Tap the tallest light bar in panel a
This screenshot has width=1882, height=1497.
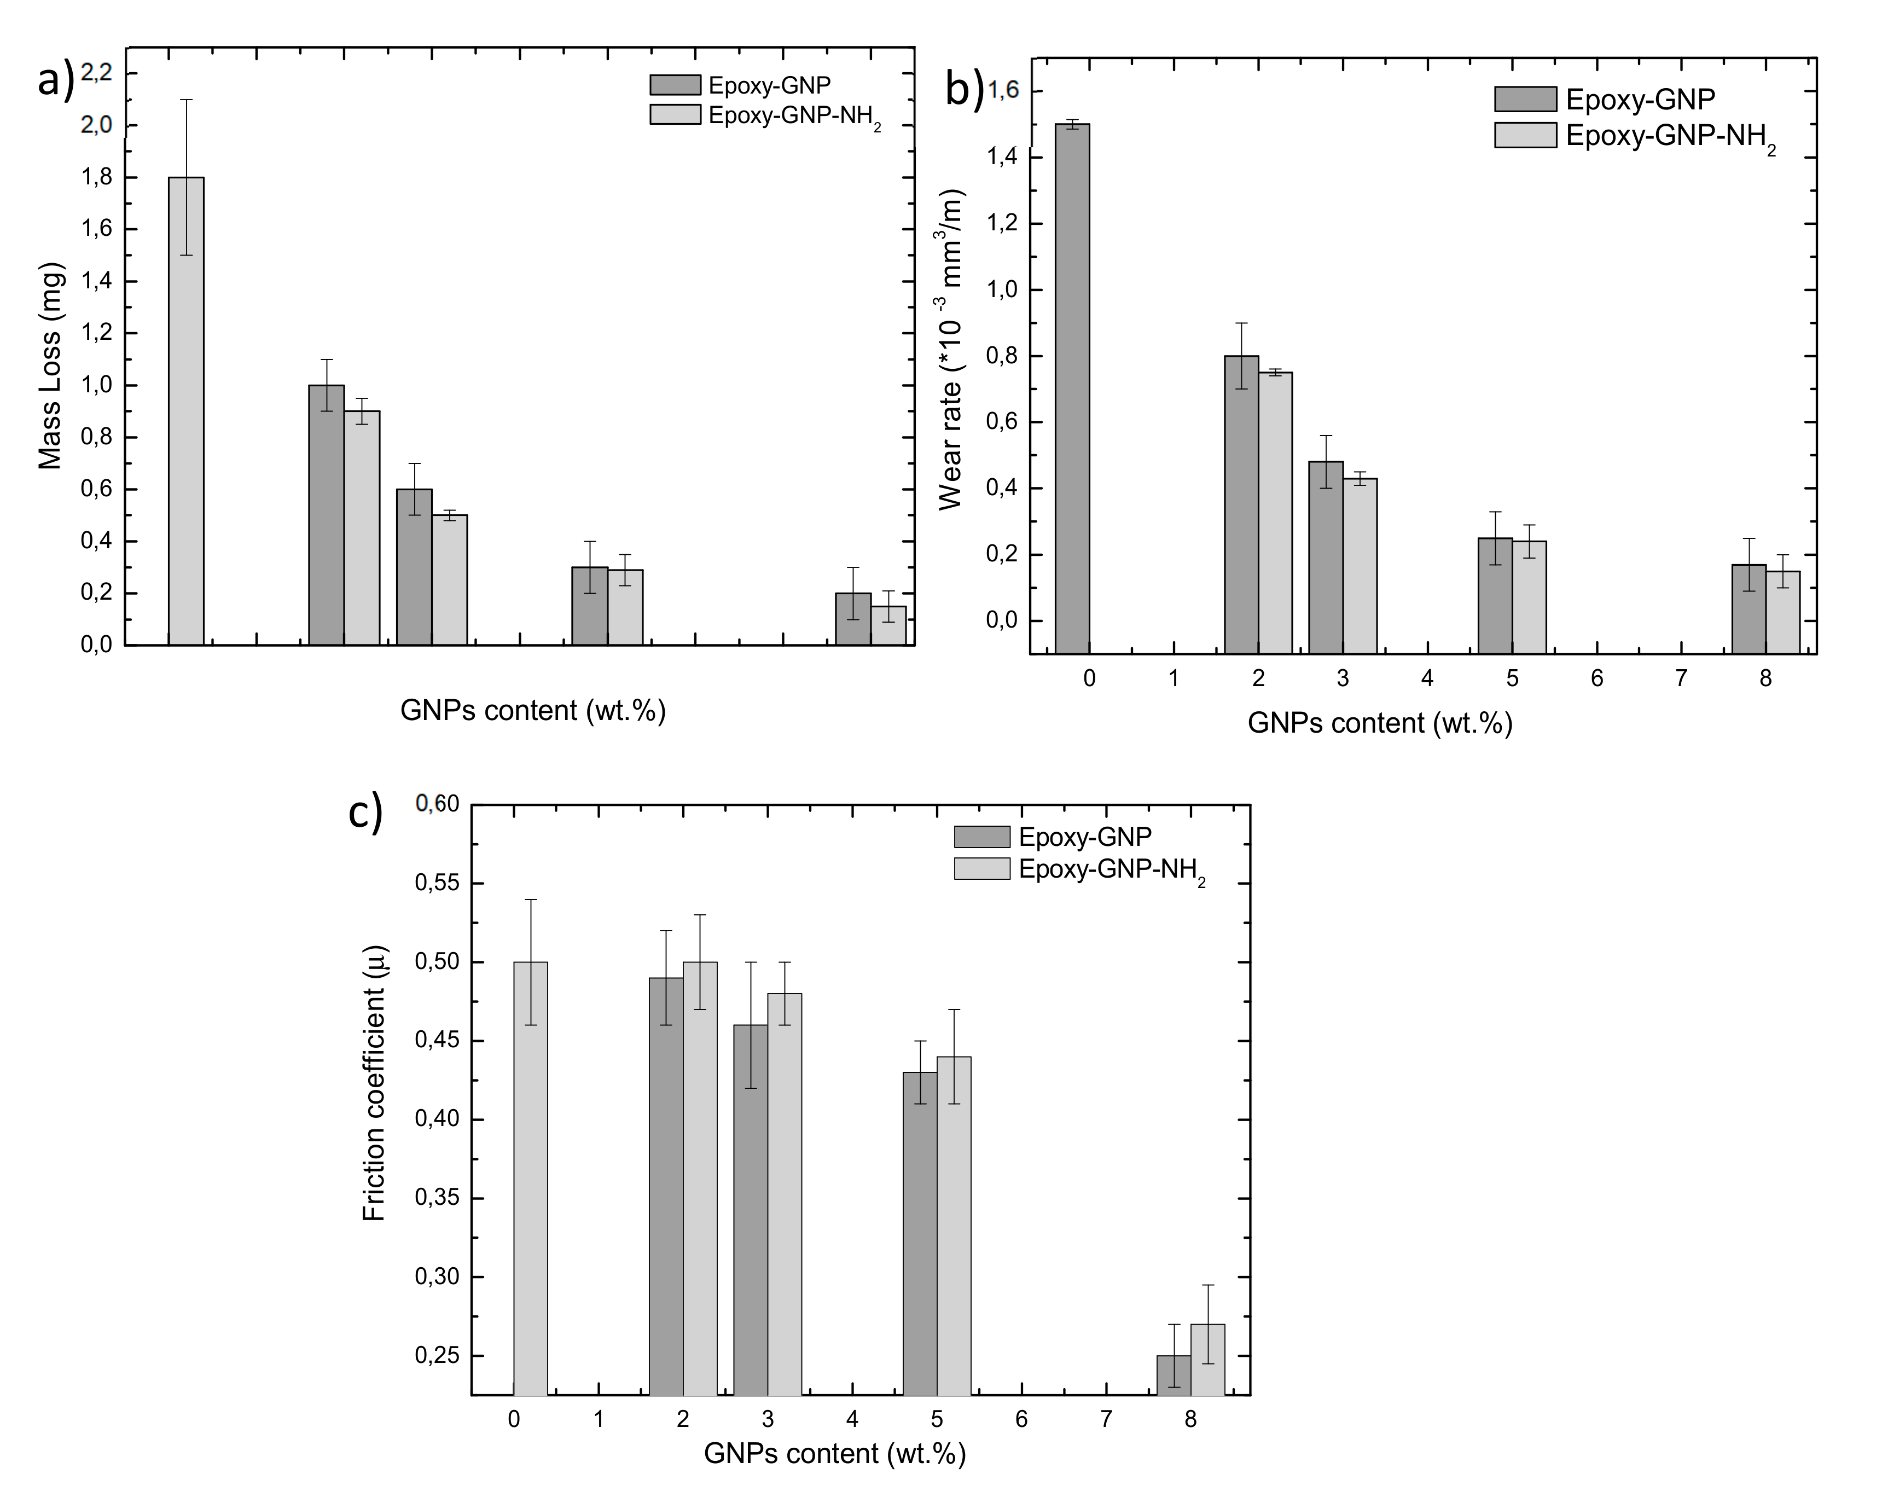186,410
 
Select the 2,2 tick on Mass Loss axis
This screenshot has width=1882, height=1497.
96,72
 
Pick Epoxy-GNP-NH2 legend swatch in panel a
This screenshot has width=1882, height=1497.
675,114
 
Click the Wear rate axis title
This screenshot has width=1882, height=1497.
951,349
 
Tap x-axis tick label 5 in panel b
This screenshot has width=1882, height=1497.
1512,679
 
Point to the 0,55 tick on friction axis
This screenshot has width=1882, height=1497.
437,883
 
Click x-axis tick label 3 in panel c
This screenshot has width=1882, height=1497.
767,1419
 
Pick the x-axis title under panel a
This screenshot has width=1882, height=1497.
532,711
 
